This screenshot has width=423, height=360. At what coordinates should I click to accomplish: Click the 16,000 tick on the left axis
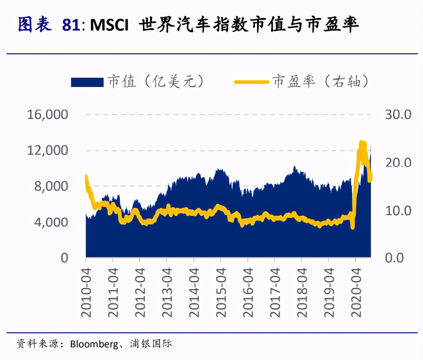[x=47, y=114]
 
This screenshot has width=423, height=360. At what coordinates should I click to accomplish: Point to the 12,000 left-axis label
[x=47, y=150]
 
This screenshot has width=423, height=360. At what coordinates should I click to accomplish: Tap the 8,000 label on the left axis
[x=51, y=186]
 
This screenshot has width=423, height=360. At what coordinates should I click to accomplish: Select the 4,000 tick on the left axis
[x=51, y=222]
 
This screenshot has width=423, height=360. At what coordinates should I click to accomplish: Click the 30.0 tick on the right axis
[x=398, y=114]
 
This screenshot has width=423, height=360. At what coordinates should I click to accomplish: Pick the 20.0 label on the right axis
[x=398, y=162]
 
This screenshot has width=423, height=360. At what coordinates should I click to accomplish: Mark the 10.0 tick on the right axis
[x=398, y=211]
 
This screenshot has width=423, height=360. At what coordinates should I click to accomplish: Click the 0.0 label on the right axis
[x=394, y=258]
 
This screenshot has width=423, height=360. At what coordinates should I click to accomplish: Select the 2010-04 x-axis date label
[x=86, y=292]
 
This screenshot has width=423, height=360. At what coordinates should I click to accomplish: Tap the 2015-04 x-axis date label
[x=221, y=292]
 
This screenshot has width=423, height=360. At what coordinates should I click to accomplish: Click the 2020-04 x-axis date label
[x=356, y=292]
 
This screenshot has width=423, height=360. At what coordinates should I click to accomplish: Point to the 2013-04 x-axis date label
[x=167, y=292]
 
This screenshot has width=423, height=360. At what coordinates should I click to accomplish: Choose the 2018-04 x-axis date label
[x=302, y=292]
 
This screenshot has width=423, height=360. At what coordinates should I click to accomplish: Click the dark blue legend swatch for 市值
[x=87, y=82]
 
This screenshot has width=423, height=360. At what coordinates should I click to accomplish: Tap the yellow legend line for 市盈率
[x=251, y=82]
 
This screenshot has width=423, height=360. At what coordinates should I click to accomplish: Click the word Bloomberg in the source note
[x=94, y=344]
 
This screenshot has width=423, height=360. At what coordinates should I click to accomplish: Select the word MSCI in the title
[x=109, y=25]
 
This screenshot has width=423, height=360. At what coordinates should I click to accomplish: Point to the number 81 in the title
[x=71, y=25]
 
